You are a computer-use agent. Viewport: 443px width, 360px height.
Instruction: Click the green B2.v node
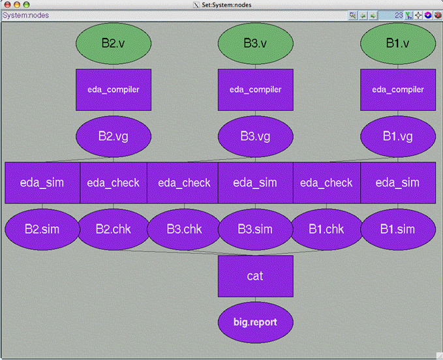(x=114, y=44)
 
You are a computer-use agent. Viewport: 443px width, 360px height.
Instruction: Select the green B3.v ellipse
(x=255, y=44)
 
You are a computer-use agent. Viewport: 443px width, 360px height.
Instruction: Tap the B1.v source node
(x=397, y=44)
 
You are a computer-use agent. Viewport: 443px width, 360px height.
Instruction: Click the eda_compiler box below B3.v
(x=255, y=90)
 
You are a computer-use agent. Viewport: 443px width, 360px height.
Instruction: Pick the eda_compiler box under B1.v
(x=397, y=90)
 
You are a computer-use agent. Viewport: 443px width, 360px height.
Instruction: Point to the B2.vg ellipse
(x=114, y=136)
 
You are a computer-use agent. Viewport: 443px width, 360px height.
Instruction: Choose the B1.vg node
(x=397, y=136)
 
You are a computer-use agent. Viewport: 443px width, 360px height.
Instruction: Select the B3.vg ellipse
(x=255, y=136)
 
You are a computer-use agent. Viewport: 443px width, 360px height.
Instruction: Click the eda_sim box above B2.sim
(x=42, y=183)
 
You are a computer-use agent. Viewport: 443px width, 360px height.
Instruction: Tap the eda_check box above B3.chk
(x=184, y=183)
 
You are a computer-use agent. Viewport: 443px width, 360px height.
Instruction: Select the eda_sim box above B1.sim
(x=397, y=183)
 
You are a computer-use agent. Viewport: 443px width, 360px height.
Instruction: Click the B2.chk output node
(x=114, y=230)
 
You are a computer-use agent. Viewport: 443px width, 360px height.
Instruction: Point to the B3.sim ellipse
(x=255, y=230)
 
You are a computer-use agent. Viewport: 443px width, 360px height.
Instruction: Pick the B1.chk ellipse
(x=326, y=230)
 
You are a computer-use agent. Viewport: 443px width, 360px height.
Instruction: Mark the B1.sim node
(x=397, y=230)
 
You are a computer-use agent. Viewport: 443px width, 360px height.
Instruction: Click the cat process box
(x=255, y=276)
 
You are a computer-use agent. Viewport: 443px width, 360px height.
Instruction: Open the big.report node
(x=255, y=322)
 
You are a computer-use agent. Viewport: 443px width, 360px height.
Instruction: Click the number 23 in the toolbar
(x=398, y=15)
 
